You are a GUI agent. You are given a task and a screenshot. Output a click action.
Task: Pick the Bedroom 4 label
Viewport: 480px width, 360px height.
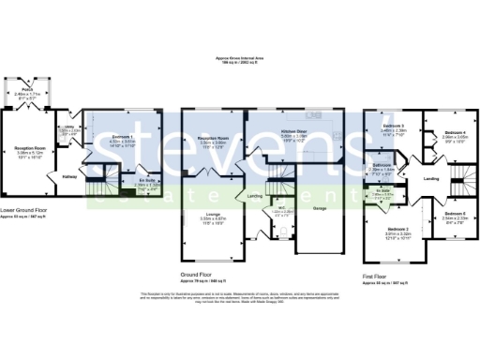pos(456,132)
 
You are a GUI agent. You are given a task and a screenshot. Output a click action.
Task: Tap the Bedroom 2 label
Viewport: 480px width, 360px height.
pos(401,228)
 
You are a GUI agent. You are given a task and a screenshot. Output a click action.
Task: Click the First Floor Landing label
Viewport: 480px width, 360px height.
pos(431,177)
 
